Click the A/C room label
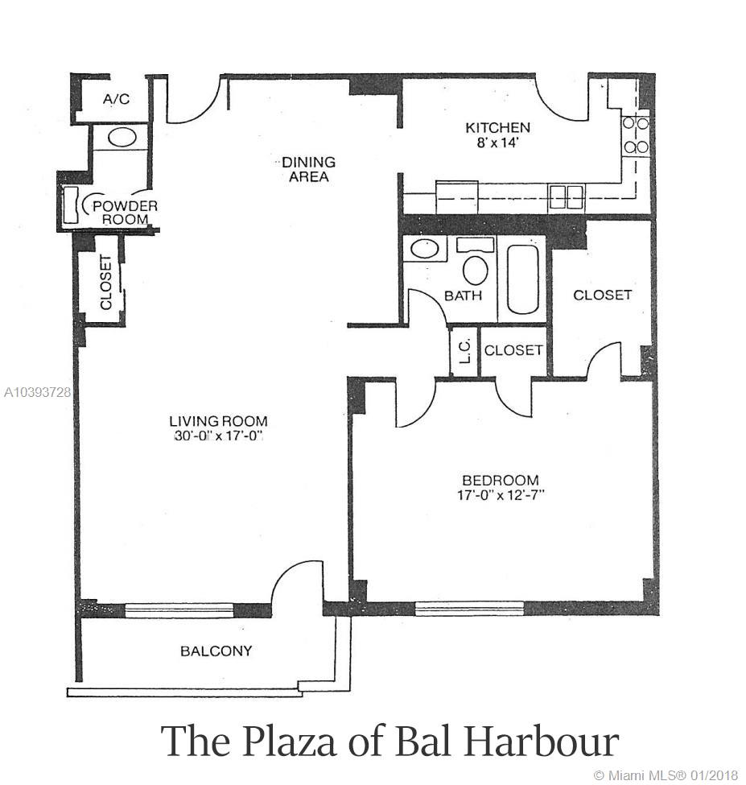click(116, 99)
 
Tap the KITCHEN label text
click(497, 128)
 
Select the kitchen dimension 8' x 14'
click(497, 143)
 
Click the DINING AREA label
click(308, 169)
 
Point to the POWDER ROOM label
click(125, 213)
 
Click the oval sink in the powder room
click(122, 138)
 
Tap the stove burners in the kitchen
click(636, 135)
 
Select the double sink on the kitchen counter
click(567, 196)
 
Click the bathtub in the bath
click(522, 279)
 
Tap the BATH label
click(463, 295)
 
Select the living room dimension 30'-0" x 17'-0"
click(219, 436)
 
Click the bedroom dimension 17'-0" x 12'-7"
click(501, 495)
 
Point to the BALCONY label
click(216, 651)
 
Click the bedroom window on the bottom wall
click(469, 609)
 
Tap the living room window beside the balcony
click(179, 609)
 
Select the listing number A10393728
click(37, 393)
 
